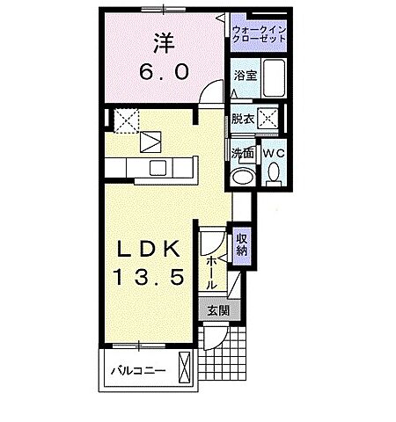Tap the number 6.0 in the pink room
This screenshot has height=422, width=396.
162,74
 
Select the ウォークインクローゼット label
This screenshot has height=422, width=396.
259,36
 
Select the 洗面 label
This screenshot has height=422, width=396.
242,153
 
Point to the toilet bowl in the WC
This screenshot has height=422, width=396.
275,175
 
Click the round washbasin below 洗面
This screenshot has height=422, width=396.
241,178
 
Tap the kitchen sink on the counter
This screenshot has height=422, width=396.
158,167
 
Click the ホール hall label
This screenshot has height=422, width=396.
212,273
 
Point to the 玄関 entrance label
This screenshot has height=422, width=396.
216,309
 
